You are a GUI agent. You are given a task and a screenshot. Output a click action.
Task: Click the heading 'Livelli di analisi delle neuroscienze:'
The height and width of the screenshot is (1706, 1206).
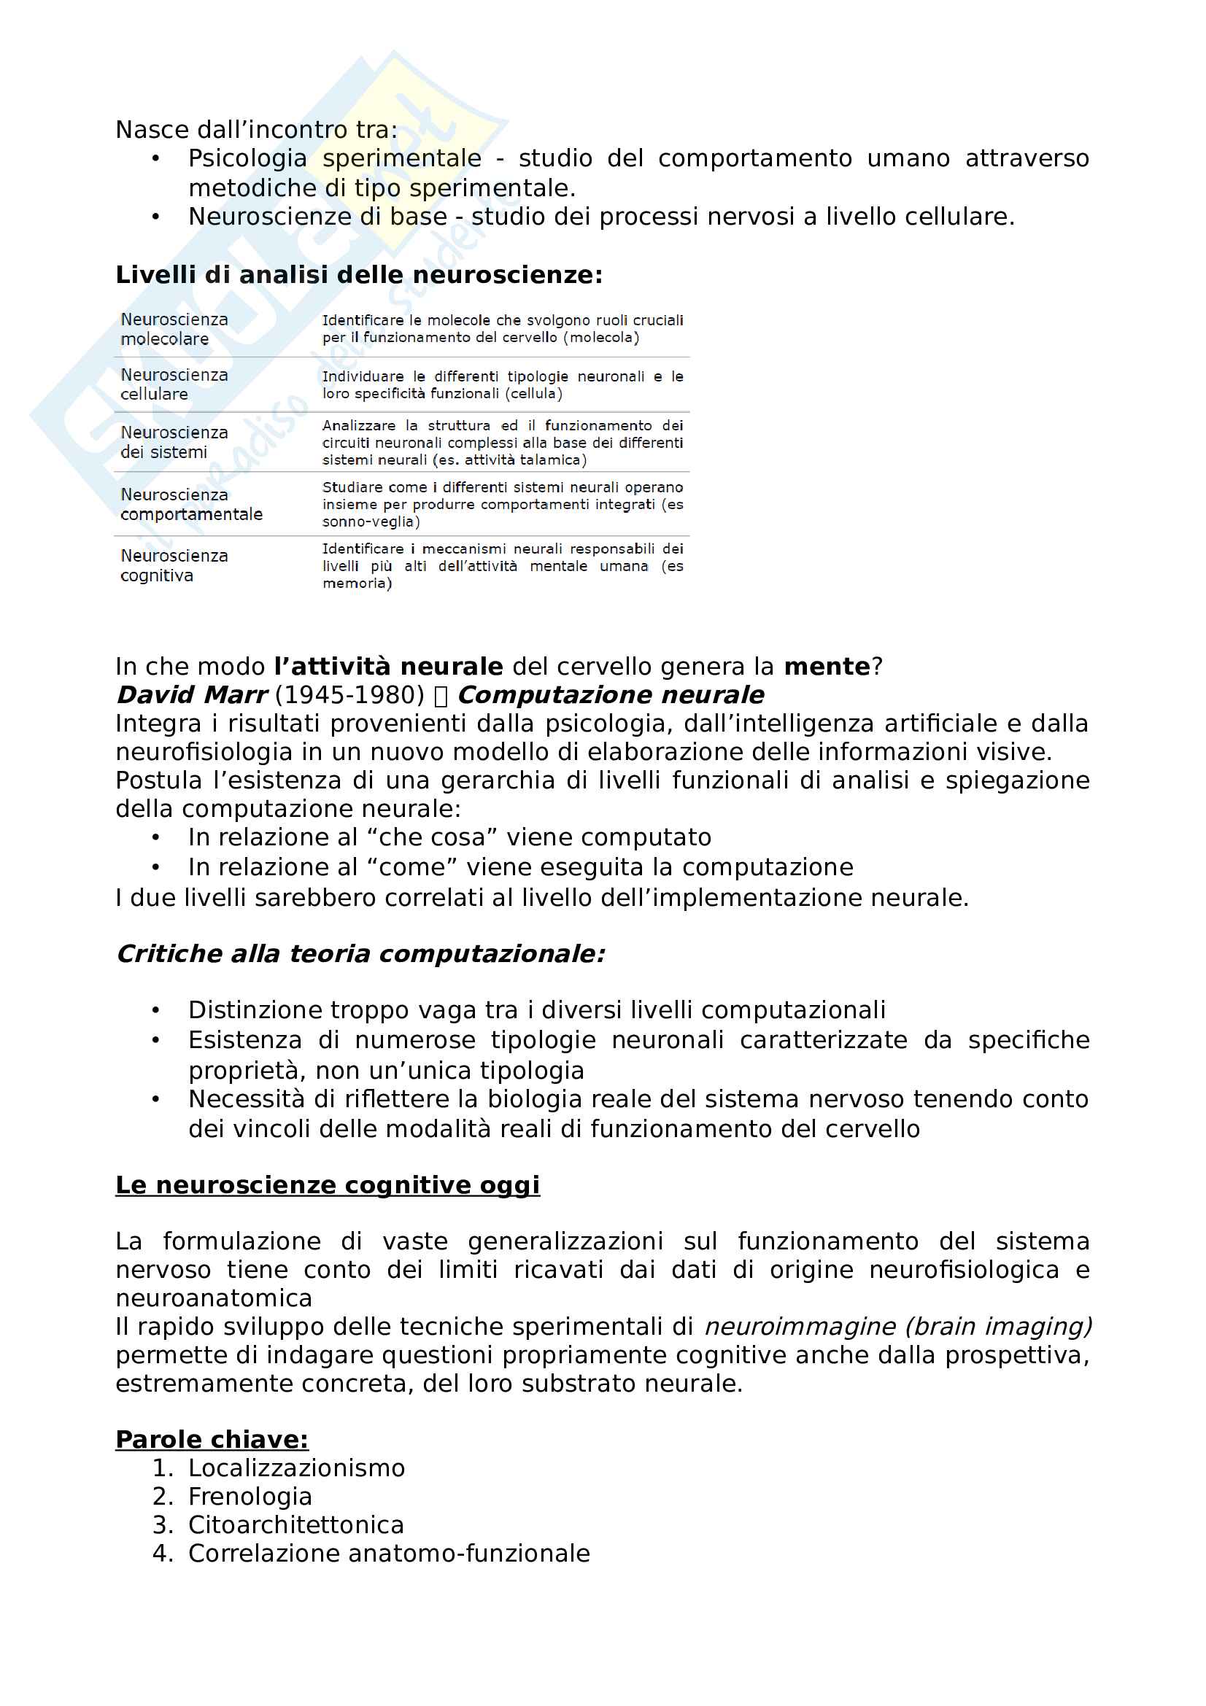[x=359, y=275]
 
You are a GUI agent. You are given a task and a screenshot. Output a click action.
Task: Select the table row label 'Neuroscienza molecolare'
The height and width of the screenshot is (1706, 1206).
[x=174, y=329]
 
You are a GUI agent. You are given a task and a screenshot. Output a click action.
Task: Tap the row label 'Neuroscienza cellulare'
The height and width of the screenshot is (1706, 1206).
[x=174, y=384]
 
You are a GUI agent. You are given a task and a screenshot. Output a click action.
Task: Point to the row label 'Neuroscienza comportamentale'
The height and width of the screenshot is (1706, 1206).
[x=191, y=505]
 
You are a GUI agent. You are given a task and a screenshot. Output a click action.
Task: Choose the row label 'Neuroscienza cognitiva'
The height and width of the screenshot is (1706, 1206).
[x=174, y=565]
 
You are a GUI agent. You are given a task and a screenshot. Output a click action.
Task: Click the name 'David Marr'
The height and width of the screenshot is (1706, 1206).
[x=192, y=695]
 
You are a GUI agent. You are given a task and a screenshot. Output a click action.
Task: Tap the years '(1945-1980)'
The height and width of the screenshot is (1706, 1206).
[x=349, y=695]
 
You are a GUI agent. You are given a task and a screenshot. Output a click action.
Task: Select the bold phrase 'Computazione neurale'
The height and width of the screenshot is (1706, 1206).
[x=611, y=695]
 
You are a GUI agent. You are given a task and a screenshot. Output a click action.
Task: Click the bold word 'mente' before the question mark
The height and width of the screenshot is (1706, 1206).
[x=827, y=667]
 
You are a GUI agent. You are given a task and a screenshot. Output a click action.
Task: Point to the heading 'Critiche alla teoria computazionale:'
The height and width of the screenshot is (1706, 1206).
[x=361, y=954]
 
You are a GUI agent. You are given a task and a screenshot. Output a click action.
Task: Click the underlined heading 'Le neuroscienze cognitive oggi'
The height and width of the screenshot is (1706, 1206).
[x=328, y=1185]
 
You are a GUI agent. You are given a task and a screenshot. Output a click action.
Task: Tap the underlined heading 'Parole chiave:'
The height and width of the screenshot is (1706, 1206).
[x=212, y=1440]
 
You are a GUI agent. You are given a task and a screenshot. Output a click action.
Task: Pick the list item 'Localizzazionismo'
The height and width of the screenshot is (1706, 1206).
[x=296, y=1468]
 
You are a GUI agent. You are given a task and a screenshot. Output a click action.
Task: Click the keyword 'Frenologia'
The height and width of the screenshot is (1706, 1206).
[x=250, y=1497]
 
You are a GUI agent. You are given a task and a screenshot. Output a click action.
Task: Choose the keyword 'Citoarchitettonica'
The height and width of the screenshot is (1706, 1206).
[x=295, y=1524]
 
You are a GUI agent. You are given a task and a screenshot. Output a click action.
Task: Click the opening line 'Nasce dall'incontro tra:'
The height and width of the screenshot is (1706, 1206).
[x=256, y=129]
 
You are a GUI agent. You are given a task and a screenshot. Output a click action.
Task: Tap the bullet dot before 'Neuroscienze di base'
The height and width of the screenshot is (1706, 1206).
[x=155, y=217]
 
